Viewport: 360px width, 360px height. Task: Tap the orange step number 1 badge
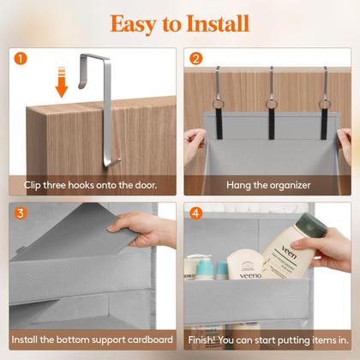click(x=21, y=61)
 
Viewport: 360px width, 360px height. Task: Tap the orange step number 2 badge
click(x=195, y=61)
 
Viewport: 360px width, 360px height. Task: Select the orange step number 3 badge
click(x=21, y=213)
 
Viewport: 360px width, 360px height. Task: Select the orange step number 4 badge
click(x=195, y=213)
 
